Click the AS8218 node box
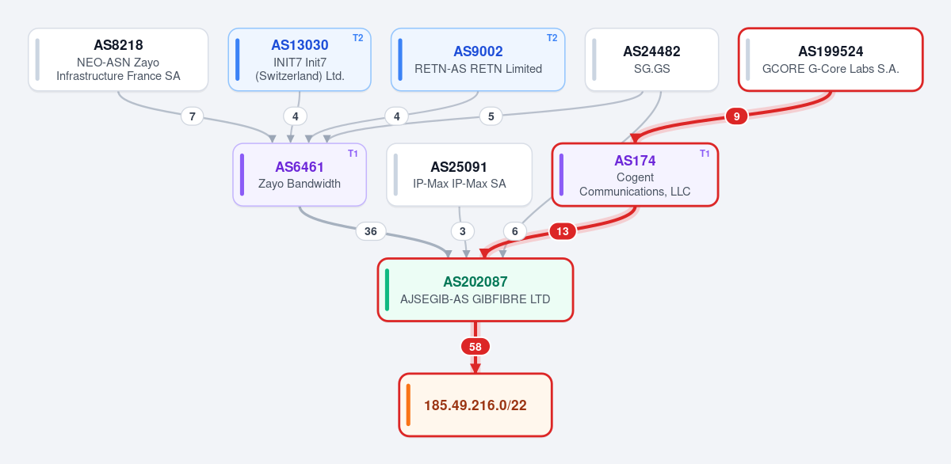pos(118,60)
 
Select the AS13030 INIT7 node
pos(300,60)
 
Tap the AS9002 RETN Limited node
pos(478,60)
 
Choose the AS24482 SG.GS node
pos(651,60)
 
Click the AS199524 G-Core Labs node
pos(831,60)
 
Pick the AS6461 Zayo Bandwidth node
pos(300,175)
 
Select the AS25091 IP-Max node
pos(460,175)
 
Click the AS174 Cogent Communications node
pos(635,175)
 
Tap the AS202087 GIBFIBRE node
pos(475,290)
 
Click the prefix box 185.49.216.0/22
pos(475,405)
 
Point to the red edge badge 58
pos(475,347)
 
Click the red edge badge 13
pos(563,231)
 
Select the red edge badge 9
pos(736,116)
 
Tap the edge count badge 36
pos(371,231)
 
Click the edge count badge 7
pos(193,116)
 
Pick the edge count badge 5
pos(491,116)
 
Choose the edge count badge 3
pos(463,231)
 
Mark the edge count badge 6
pos(515,231)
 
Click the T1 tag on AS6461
pos(353,154)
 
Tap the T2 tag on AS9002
pos(552,38)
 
